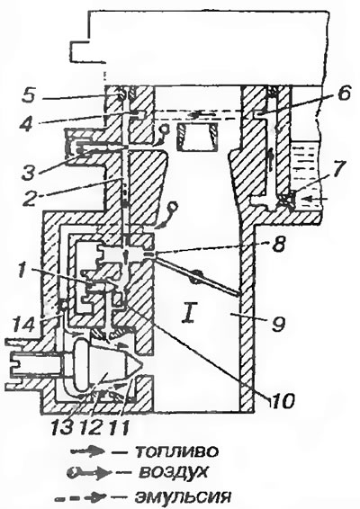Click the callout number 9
pyautogui.click(x=278, y=323)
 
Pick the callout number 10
pyautogui.click(x=282, y=400)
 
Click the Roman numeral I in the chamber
pyautogui.click(x=189, y=315)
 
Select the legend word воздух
pyautogui.click(x=173, y=473)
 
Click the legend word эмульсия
pyautogui.click(x=184, y=497)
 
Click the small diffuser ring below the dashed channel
pyautogui.click(x=197, y=137)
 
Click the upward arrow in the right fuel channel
pyautogui.click(x=270, y=160)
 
